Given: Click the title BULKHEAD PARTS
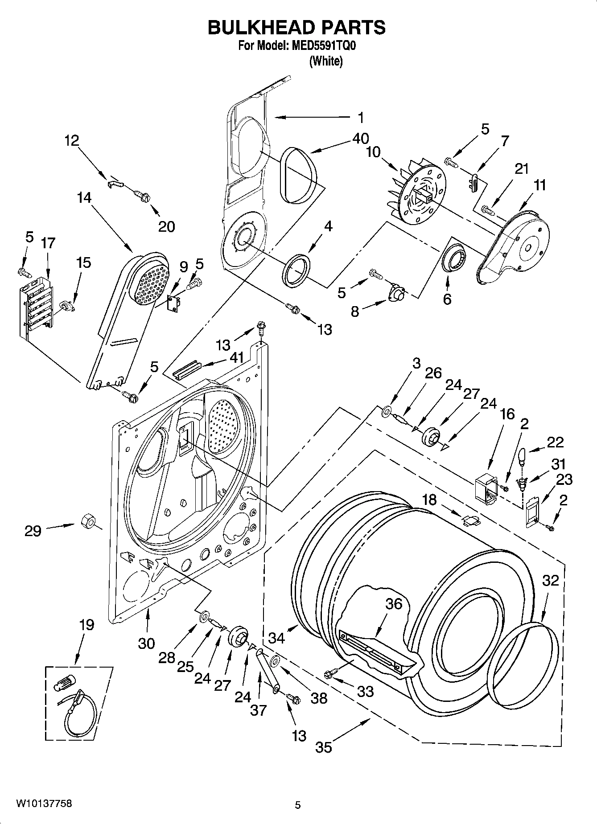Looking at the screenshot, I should point(296,27).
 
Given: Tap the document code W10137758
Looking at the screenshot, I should point(44,804).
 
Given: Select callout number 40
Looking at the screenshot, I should point(360,139).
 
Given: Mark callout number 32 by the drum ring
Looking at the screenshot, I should point(551,580).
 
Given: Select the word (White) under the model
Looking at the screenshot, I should point(326,61).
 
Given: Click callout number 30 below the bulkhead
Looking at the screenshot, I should point(146,643).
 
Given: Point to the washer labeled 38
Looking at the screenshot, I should point(275,661).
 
